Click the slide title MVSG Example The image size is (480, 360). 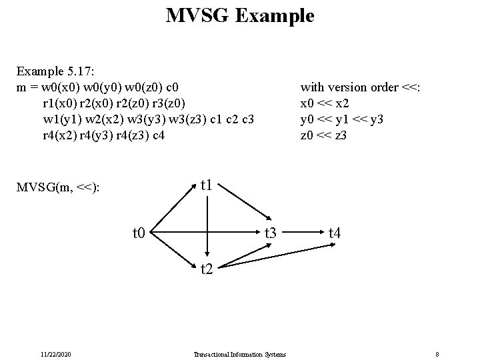(240, 15)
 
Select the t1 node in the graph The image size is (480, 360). (208, 184)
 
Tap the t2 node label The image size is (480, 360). (208, 270)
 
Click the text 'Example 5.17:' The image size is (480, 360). (52, 70)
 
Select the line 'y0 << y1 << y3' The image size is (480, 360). (343, 119)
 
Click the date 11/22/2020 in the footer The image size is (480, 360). (56, 354)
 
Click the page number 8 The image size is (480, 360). (437, 354)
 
